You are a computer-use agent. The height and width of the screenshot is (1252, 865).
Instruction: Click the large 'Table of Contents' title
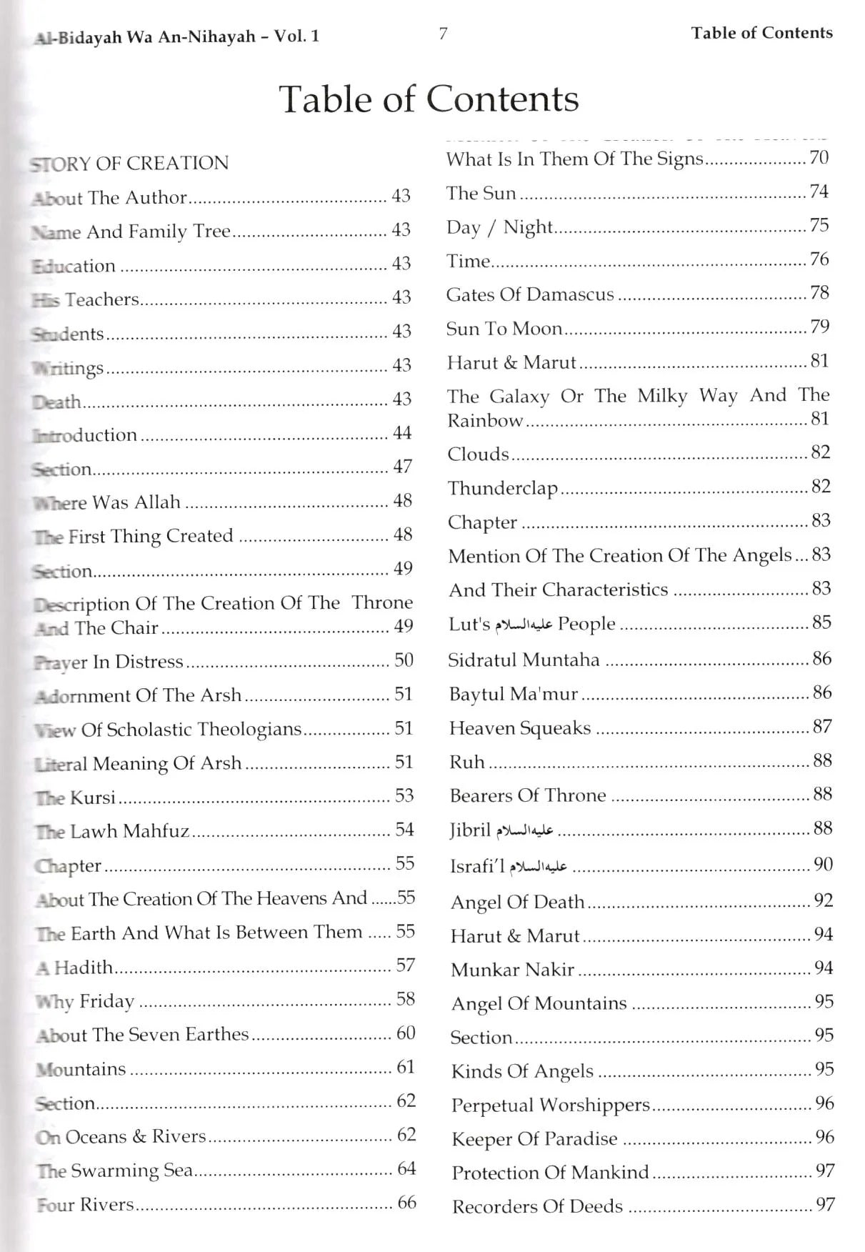coord(429,99)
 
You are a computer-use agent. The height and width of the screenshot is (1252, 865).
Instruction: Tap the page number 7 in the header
coord(443,34)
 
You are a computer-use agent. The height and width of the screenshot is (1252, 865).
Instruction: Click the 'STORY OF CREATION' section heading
coord(129,163)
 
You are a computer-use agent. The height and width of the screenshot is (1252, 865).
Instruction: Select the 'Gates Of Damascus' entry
coord(530,294)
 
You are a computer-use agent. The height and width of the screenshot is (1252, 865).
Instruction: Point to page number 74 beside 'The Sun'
coord(819,192)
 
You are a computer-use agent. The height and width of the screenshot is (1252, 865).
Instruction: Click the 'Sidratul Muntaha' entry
coord(524,660)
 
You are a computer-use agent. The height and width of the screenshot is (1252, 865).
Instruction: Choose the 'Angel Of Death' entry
coord(517,902)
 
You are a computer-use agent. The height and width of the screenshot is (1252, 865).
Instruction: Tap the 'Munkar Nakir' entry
coord(512,970)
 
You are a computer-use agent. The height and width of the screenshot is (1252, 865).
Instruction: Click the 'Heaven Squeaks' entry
coord(520,728)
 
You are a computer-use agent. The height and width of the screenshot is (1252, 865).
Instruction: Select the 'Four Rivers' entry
coord(86,1205)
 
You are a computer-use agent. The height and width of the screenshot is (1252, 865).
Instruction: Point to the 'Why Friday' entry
coord(85,1001)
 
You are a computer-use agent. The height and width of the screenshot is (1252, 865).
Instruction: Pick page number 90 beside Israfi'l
coord(823,865)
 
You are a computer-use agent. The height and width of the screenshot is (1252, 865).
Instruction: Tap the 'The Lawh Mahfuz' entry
coord(113,831)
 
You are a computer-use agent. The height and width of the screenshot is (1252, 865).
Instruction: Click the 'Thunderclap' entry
coord(502,489)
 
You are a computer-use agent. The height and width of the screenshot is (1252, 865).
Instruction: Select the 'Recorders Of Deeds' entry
coord(537,1207)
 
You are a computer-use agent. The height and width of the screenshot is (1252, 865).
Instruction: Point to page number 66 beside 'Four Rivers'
coord(406,1203)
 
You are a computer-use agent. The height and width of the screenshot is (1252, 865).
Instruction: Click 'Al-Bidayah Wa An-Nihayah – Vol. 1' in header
coord(176,37)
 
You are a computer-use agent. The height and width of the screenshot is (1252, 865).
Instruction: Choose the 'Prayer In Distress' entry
coord(109,662)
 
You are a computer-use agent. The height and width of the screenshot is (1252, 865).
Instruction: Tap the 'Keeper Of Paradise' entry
coord(534,1139)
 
